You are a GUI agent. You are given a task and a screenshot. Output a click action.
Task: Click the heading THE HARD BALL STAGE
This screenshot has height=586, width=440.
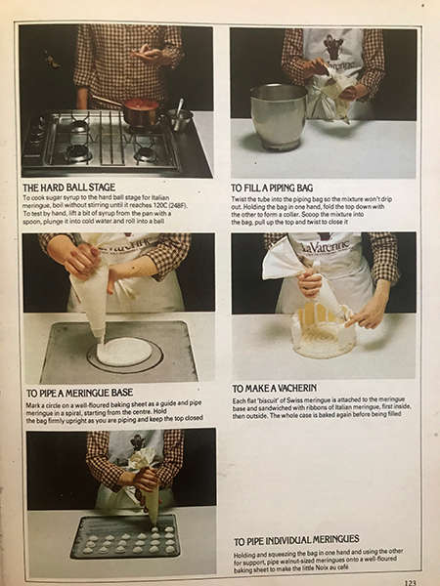(74, 186)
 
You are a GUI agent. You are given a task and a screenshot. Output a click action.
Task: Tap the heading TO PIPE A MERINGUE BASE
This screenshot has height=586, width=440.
(89, 393)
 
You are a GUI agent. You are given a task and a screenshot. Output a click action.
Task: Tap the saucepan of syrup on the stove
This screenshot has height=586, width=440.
(140, 109)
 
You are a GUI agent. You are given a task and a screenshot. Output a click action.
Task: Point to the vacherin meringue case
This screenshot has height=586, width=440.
(324, 332)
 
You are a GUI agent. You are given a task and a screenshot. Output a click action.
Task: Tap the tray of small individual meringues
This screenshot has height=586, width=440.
(124, 536)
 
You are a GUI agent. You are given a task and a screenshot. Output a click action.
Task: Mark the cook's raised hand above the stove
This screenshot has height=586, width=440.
(152, 53)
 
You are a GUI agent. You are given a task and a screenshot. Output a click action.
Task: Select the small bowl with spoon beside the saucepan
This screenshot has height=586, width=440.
(179, 117)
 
